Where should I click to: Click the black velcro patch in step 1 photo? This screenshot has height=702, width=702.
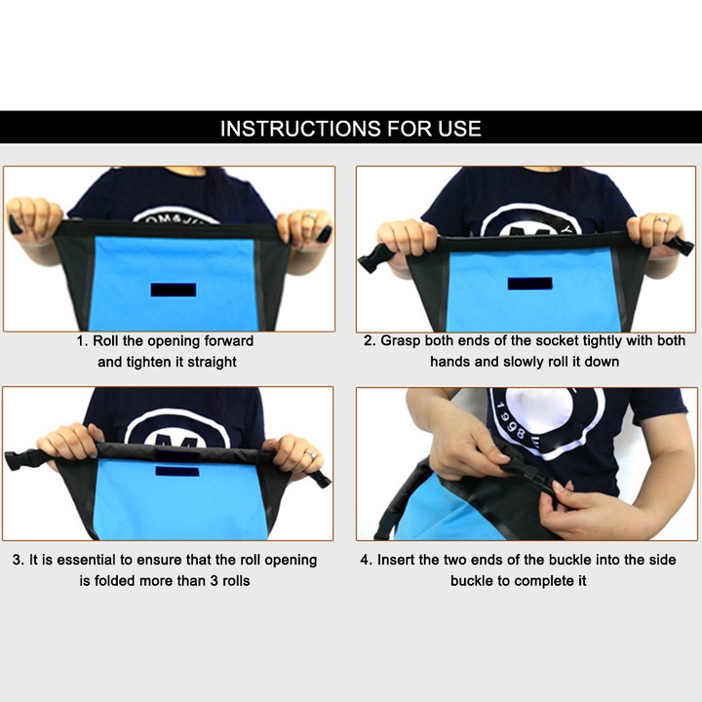point(174,290)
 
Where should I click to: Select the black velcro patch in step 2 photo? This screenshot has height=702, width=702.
point(529,284)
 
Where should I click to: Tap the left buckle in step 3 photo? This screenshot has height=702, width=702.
point(22,459)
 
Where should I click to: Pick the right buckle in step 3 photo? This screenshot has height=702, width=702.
point(322,478)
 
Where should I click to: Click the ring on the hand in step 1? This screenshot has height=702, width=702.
point(309,217)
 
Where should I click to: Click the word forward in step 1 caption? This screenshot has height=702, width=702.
point(229,341)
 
